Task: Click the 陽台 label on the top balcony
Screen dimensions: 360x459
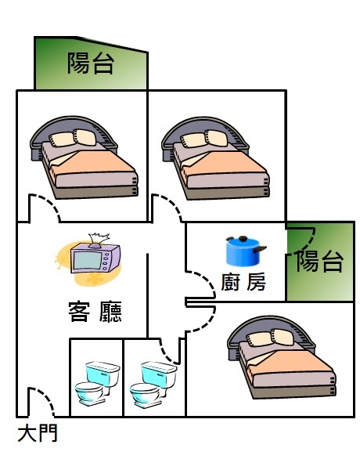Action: [x=91, y=63]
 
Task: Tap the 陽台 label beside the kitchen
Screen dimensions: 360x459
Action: [x=319, y=261]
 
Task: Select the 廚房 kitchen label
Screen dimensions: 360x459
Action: [x=243, y=282]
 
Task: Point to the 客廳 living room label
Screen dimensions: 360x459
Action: [x=95, y=312]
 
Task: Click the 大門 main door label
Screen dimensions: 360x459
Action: [x=38, y=433]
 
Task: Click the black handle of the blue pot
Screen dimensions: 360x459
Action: [x=261, y=249]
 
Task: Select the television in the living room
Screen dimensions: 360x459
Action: [x=95, y=258]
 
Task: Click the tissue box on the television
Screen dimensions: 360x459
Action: [x=99, y=240]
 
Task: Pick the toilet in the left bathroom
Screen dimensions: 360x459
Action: [x=97, y=383]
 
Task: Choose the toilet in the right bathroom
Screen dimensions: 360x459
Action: [x=153, y=384]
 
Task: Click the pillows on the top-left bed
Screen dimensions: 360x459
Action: [x=73, y=138]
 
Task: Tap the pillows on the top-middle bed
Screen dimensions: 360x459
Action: [x=203, y=139]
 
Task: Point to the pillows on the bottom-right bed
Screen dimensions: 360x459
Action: [x=270, y=338]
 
